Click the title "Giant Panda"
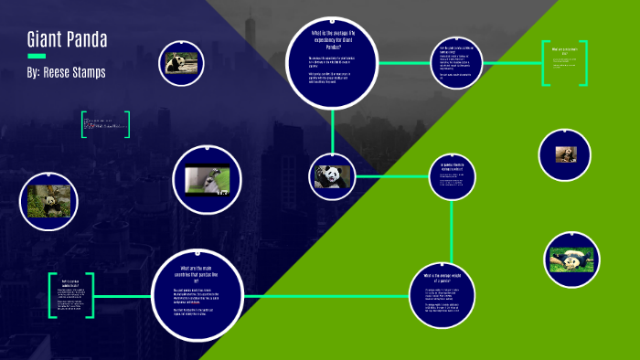(67, 40)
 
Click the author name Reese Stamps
(66, 71)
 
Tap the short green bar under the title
(36, 57)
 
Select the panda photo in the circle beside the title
(179, 63)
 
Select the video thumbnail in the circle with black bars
(207, 179)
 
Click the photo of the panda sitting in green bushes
(48, 201)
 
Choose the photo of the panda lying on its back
(571, 259)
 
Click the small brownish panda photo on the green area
(565, 154)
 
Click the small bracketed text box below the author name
(105, 124)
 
